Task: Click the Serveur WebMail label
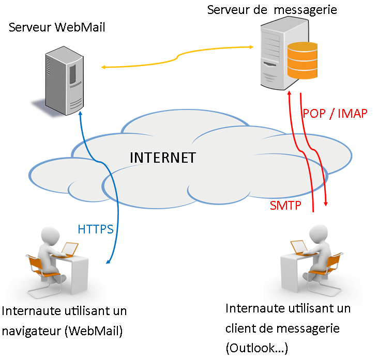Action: (x=57, y=27)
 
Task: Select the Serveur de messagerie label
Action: (x=272, y=9)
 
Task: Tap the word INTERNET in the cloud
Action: (x=162, y=158)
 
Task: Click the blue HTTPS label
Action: (x=96, y=229)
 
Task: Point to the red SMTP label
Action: (x=285, y=206)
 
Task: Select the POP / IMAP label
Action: (x=335, y=114)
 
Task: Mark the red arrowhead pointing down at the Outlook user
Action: (x=327, y=205)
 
